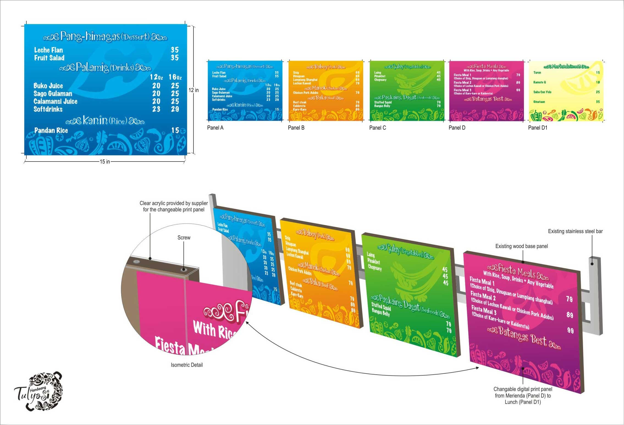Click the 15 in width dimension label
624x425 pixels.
coord(105,162)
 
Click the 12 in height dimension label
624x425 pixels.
coord(194,90)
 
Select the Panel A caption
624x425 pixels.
coord(215,128)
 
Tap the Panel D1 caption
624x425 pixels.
coord(538,128)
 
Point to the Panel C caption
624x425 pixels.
coord(377,128)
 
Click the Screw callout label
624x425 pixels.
coord(184,238)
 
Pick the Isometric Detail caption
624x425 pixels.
coord(187,365)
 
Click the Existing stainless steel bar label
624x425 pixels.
coord(575,231)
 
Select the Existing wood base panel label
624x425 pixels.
coord(521,246)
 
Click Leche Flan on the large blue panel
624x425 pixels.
coord(48,50)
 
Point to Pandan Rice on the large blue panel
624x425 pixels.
coord(51,130)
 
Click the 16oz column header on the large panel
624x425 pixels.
coord(175,77)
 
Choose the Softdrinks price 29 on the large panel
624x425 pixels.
coord(175,109)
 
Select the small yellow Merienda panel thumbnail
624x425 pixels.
coord(566,91)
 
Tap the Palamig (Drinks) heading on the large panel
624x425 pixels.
coord(105,67)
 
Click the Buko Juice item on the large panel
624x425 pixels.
coord(48,86)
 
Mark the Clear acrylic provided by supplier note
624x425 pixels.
coord(174,206)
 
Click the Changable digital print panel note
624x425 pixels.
coord(523,396)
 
